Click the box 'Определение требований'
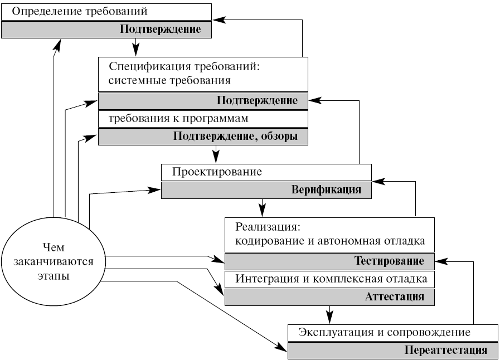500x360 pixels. pos(106,12)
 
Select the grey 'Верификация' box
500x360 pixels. pos(266,190)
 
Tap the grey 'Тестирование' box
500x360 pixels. pos(330,261)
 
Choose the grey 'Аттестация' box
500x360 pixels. pos(330,297)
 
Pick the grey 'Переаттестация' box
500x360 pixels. pos(393,351)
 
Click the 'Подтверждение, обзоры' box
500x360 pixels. pos(203,137)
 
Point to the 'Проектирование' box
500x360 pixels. pos(266,172)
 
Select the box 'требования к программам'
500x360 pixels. pos(203,119)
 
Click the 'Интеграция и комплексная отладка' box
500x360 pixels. pos(330,279)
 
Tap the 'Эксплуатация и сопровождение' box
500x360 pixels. pos(393,333)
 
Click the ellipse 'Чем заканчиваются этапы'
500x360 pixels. pos(54,261)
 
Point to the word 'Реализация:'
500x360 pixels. pos(268,227)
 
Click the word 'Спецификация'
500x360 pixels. pos(150,67)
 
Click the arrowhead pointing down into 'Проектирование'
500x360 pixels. pos(216,158)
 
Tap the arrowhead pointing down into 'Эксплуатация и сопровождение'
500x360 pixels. pos(330,318)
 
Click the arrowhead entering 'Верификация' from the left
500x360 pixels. pos(154,191)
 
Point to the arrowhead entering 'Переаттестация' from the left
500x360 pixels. pos(281,347)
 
